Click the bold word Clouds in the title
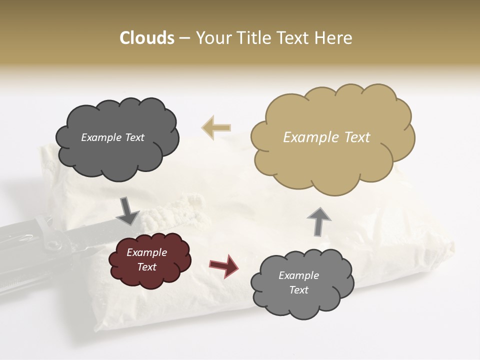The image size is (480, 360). click(x=146, y=38)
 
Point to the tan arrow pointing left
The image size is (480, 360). click(x=216, y=128)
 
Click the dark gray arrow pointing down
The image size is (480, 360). click(x=128, y=210)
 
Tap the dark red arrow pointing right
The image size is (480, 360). click(x=223, y=265)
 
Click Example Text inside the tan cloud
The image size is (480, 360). click(x=326, y=137)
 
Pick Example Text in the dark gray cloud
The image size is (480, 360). click(x=112, y=137)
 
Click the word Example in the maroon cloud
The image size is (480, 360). click(x=146, y=252)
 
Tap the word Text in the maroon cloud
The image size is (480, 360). click(x=146, y=267)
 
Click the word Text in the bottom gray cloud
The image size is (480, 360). click(x=298, y=290)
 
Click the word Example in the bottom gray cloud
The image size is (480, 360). click(x=298, y=275)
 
